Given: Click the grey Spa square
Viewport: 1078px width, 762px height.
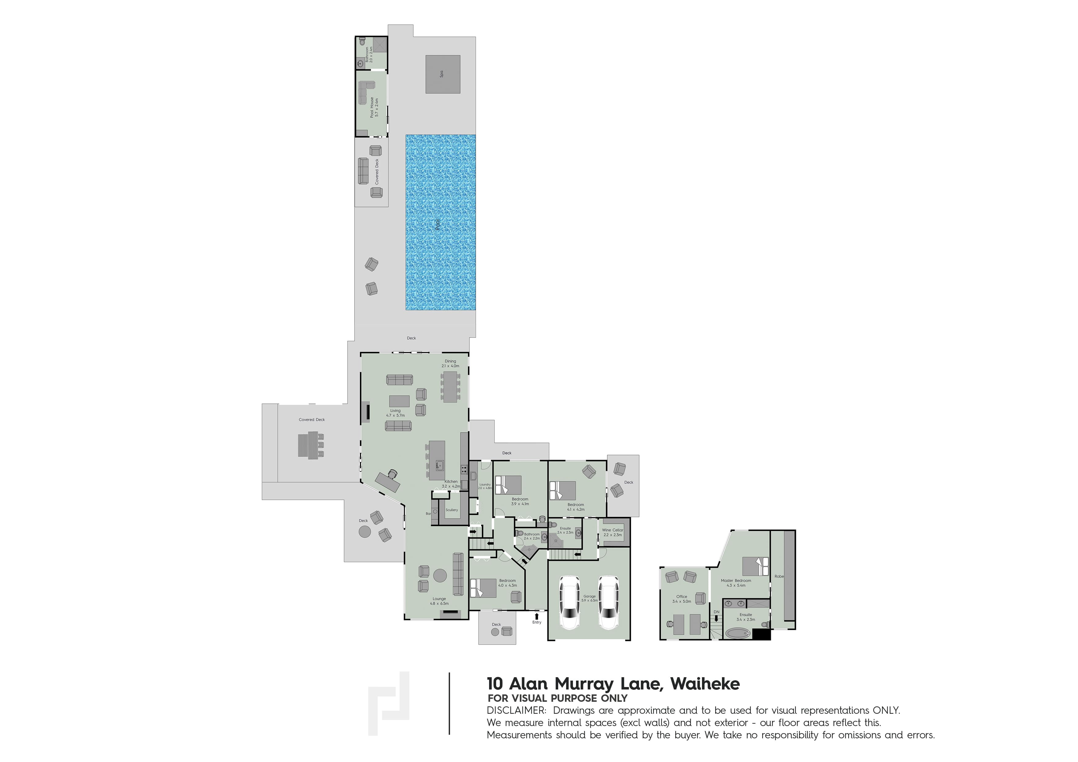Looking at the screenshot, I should pyautogui.click(x=442, y=74).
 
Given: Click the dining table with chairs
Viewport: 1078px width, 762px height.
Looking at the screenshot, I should pyautogui.click(x=450, y=387).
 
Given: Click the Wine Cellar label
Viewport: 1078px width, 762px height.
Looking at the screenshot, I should pyautogui.click(x=612, y=532).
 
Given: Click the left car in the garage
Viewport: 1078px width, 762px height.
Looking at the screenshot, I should pyautogui.click(x=570, y=602).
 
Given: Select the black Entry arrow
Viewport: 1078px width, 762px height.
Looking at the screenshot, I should pyautogui.click(x=537, y=615).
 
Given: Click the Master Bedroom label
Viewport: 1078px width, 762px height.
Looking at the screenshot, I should pyautogui.click(x=736, y=583).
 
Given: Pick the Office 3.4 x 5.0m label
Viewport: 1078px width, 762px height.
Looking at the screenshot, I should pyautogui.click(x=681, y=599).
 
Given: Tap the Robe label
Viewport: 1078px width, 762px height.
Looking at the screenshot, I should pyautogui.click(x=779, y=576).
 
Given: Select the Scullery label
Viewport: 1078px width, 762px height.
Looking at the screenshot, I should pyautogui.click(x=451, y=510).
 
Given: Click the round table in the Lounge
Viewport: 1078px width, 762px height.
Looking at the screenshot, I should pyautogui.click(x=440, y=575).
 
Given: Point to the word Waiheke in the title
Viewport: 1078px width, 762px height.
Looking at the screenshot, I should pyautogui.click(x=705, y=684).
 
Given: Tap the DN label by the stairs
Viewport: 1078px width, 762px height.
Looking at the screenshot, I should pyautogui.click(x=716, y=612).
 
